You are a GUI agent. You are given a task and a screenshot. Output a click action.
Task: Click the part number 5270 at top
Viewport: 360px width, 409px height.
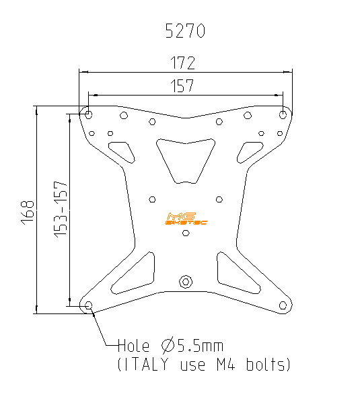coord(185,31)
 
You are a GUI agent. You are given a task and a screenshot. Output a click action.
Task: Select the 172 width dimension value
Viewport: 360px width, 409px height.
coord(182,63)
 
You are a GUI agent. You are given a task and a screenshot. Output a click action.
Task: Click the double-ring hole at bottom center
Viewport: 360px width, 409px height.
coord(186,281)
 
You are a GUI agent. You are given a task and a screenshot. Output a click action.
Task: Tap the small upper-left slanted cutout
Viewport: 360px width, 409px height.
coord(122,151)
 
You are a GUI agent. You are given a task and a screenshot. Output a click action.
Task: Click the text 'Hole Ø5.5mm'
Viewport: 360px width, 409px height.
coord(170,346)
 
